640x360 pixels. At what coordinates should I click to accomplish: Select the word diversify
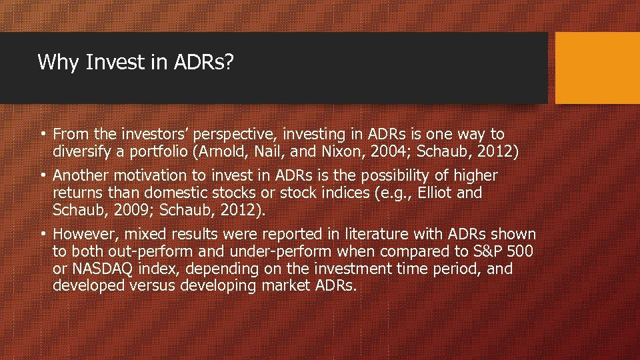(x=82, y=152)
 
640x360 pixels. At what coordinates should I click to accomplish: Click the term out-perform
(x=148, y=251)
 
